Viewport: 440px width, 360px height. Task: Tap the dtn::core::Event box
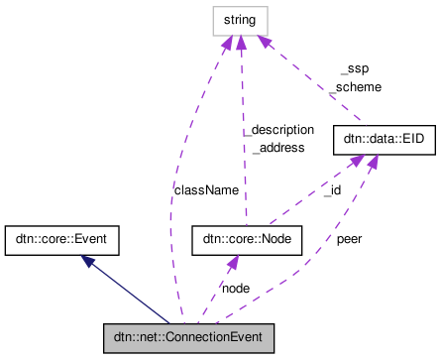tap(61, 239)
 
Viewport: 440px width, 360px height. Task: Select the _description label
tap(282, 130)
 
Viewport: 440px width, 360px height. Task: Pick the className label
tap(206, 188)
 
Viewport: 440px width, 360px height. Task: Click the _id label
tap(333, 188)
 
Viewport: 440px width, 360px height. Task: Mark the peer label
tap(349, 239)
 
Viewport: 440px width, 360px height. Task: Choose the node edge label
tap(235, 288)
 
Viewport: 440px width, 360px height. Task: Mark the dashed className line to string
tap(176, 198)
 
